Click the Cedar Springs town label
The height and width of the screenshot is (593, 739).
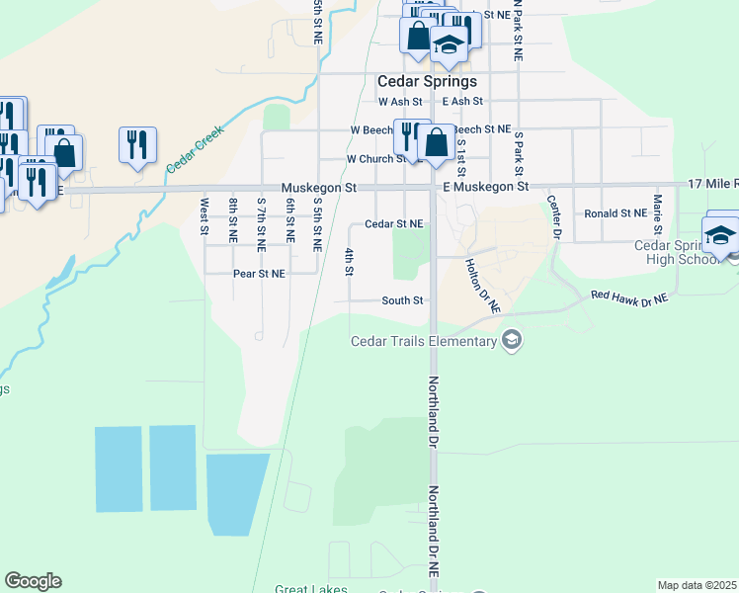(x=428, y=81)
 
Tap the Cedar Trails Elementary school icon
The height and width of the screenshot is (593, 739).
(x=512, y=342)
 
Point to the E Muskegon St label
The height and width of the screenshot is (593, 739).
(x=486, y=186)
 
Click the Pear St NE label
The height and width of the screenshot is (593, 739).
(x=259, y=273)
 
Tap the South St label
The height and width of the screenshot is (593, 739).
(x=403, y=300)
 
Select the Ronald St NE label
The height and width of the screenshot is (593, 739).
(x=615, y=213)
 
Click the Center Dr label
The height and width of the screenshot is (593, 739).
(x=554, y=216)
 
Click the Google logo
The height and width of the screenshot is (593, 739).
(x=33, y=581)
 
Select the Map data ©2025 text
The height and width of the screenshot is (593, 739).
(x=697, y=585)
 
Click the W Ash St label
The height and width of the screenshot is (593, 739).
(x=400, y=102)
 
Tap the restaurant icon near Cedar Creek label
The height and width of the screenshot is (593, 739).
(x=137, y=143)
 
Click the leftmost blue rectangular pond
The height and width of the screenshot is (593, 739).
(x=119, y=469)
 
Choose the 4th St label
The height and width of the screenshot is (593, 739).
(x=349, y=262)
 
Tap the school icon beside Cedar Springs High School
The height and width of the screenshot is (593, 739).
(x=720, y=235)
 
